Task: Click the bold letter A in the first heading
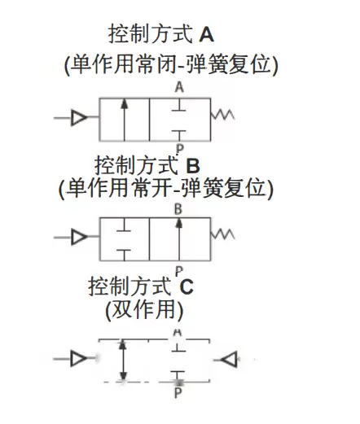tap(206, 35)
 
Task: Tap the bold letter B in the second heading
tap(193, 165)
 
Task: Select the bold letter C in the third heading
tap(187, 286)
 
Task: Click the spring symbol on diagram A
tap(222, 115)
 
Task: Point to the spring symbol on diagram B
tap(222, 234)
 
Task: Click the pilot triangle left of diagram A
tap(79, 118)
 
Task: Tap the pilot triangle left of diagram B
tap(79, 237)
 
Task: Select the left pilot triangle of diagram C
tap(79, 358)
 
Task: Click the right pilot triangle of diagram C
tap(229, 360)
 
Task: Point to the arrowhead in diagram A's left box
tap(125, 104)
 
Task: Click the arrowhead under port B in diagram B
tap(178, 223)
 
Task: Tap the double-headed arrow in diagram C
tap(123, 360)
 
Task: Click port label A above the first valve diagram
tap(179, 88)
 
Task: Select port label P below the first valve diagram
tap(180, 149)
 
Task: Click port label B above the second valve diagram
tap(178, 209)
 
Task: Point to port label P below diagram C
tap(178, 392)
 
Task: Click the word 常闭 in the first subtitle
tap(155, 64)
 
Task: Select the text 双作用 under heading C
tap(144, 309)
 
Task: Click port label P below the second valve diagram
tap(179, 271)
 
